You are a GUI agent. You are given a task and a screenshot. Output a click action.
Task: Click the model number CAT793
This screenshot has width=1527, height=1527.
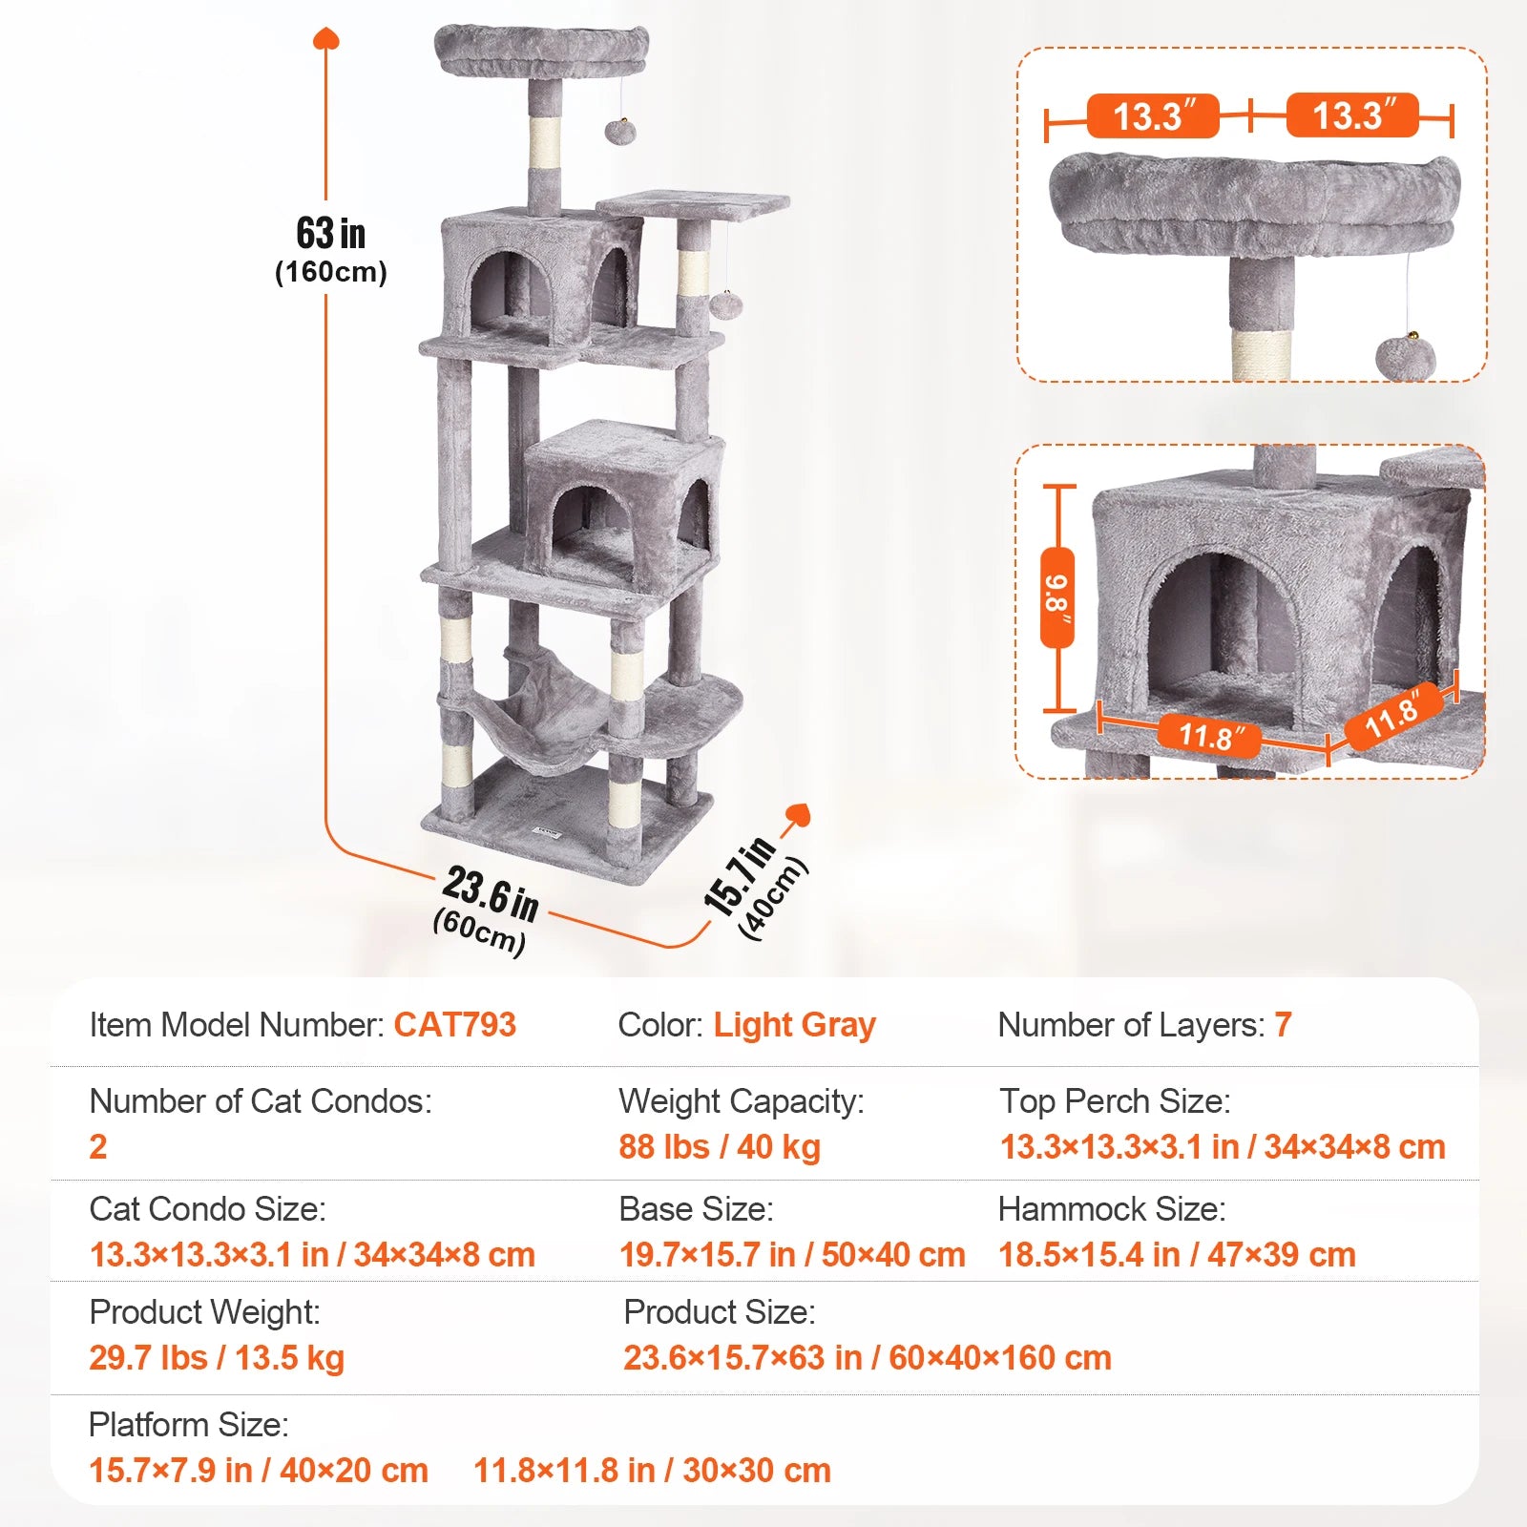[454, 1025]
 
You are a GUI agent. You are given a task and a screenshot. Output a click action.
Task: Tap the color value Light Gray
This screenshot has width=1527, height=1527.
[794, 1025]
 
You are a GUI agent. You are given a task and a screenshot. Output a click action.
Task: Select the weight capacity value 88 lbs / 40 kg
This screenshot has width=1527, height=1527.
[720, 1147]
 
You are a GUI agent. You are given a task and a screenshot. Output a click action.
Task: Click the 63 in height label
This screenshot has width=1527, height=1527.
[330, 233]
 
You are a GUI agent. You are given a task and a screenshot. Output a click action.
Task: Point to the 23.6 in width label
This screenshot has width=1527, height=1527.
[490, 894]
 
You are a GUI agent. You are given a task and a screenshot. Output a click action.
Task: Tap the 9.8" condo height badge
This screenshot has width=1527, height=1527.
[1057, 598]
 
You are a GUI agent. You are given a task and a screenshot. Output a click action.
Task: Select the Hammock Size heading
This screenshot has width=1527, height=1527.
[1111, 1209]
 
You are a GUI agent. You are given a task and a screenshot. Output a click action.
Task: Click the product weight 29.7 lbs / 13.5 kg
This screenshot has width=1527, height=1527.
[217, 1358]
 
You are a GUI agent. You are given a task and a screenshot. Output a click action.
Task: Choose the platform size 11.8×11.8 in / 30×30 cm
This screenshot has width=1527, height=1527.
[652, 1471]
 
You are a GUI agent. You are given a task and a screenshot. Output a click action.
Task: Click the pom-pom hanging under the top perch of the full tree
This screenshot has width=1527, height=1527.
[621, 131]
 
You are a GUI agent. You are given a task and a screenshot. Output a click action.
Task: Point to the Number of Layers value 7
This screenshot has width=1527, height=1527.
[1283, 1025]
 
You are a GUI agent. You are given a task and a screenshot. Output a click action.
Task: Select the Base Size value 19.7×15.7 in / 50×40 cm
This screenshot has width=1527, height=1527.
[792, 1255]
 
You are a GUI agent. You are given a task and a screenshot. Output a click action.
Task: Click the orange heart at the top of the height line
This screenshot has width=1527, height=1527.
[326, 39]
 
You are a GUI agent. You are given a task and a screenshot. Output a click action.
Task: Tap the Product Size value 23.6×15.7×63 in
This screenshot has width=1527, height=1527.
[867, 1358]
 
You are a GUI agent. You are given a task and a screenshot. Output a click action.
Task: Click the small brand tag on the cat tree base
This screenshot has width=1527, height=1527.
[549, 833]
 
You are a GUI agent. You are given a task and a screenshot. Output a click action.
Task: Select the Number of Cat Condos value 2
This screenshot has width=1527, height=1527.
[98, 1147]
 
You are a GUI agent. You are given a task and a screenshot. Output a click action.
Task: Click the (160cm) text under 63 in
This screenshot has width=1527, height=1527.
[330, 273]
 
